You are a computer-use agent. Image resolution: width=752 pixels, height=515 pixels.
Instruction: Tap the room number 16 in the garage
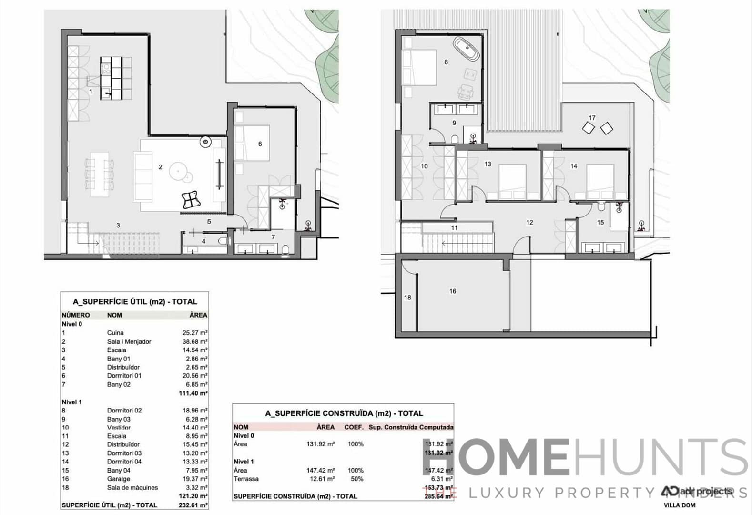tap(452, 291)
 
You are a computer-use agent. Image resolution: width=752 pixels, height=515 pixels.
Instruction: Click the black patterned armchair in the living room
tap(191, 200)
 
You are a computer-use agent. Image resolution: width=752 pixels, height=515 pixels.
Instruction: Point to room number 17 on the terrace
tap(592, 118)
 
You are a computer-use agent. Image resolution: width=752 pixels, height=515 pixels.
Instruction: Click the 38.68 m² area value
tap(194, 341)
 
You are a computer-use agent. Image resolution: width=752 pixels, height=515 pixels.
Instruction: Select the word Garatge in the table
tap(119, 479)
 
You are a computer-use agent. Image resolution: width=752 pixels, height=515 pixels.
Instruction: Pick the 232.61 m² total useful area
tap(194, 505)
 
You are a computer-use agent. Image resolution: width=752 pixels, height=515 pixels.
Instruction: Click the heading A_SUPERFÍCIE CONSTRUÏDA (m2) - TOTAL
tap(344, 413)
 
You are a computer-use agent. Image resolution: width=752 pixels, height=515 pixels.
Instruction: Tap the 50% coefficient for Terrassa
tap(356, 479)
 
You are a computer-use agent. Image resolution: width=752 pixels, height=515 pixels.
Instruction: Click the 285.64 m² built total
tap(438, 496)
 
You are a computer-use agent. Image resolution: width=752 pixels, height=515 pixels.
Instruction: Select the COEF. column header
tap(354, 427)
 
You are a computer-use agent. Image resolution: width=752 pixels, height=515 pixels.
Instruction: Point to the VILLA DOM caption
tap(679, 505)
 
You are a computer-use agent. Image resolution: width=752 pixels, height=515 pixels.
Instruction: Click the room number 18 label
tap(407, 298)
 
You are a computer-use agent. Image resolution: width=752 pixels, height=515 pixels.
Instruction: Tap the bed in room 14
tap(599, 182)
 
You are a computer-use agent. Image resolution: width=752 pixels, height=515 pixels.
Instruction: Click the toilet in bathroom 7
tap(285, 250)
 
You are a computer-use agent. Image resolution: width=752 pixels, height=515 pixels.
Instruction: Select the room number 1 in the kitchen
tap(91, 91)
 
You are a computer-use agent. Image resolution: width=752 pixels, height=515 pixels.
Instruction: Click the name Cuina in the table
tap(115, 333)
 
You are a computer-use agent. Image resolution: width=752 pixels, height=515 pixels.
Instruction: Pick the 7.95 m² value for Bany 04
tap(196, 470)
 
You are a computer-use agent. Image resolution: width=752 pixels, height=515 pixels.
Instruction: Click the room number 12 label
tap(529, 222)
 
